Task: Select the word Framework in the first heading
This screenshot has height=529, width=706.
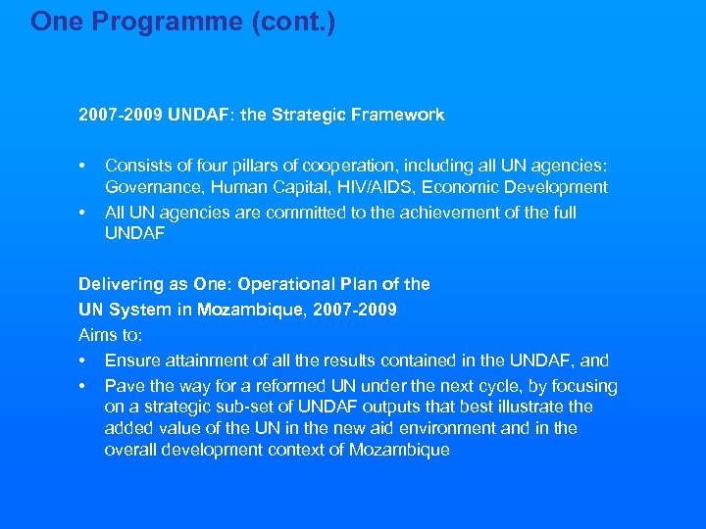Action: [x=398, y=115]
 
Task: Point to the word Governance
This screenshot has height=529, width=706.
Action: [x=150, y=186]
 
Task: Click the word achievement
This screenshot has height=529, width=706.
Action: [x=464, y=213]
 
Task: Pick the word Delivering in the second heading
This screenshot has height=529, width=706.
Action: [x=117, y=284]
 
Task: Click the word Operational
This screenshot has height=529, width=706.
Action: [x=286, y=284]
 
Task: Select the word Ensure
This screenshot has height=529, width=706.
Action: [x=130, y=360]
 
